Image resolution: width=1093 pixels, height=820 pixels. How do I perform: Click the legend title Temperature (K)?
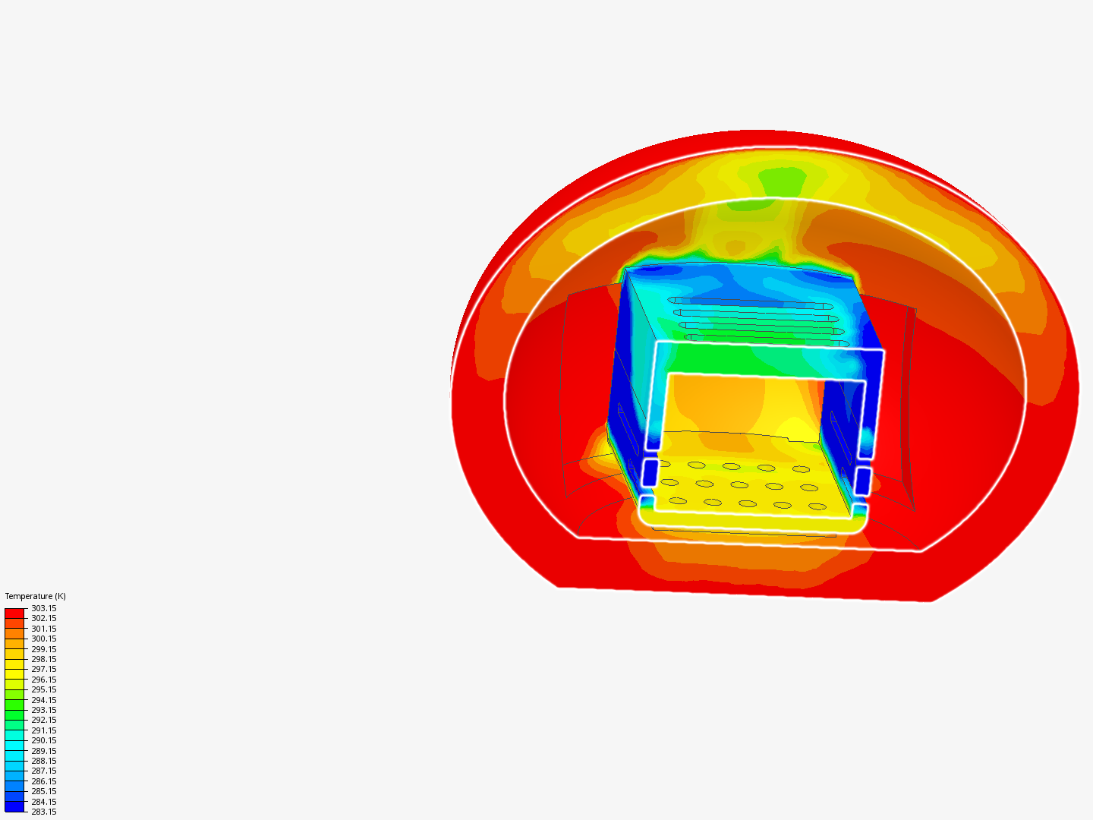point(35,596)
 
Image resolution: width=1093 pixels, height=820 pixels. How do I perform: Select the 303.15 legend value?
point(43,608)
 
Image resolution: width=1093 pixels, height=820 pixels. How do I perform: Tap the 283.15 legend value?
point(43,812)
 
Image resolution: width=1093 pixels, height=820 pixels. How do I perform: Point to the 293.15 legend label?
point(43,710)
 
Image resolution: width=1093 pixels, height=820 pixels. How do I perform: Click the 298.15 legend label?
point(43,659)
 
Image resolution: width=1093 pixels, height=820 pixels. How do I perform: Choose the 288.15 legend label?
point(43,761)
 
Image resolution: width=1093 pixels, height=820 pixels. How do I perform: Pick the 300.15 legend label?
point(43,639)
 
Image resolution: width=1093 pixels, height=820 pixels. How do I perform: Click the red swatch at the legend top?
point(14,613)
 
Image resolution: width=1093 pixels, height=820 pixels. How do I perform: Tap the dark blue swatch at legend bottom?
point(14,806)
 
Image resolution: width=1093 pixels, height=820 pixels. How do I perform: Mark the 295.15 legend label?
point(43,689)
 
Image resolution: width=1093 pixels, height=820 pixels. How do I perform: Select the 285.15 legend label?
point(43,791)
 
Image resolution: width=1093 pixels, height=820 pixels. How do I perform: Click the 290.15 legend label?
point(43,740)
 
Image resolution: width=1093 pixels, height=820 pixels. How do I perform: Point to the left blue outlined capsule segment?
point(649,472)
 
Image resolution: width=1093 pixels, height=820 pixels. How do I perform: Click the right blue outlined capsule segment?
point(862,481)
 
